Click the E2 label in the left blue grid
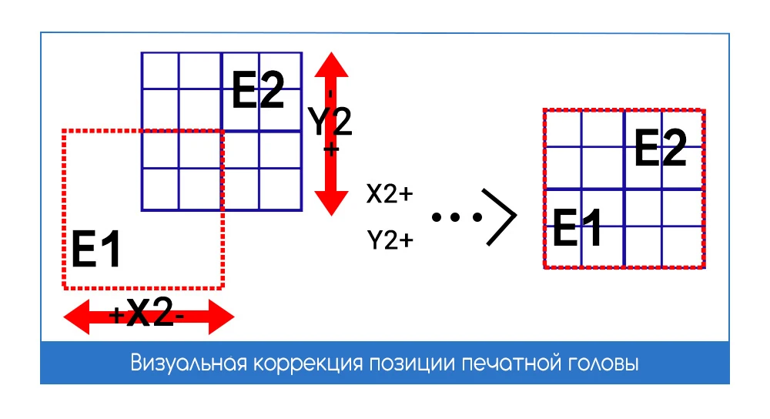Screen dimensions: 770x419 point(258,90)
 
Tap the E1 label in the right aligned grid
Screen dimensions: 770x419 point(577,224)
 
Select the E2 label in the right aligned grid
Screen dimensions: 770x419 point(660,149)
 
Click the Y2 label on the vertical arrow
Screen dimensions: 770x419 point(330,121)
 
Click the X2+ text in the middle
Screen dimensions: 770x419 point(390,194)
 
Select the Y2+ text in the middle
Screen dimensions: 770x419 point(390,241)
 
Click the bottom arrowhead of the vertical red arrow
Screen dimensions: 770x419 point(331,203)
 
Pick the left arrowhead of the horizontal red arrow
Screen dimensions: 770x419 point(78,317)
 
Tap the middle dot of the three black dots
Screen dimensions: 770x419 point(457,218)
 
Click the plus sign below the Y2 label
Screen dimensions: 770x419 point(330,149)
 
